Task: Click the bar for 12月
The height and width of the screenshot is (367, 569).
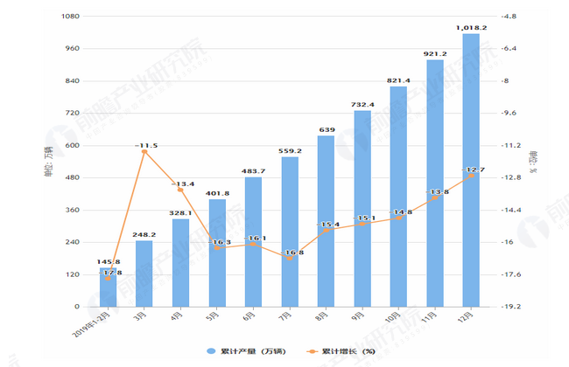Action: point(470,170)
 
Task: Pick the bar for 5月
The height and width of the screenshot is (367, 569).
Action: point(217,253)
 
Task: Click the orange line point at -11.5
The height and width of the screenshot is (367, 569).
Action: point(144,152)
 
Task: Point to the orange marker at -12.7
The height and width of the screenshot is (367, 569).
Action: point(470,176)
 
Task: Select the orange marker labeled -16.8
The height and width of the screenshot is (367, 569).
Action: point(290,258)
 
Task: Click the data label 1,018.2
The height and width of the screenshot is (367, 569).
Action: point(471,28)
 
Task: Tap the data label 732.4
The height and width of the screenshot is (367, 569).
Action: point(362,105)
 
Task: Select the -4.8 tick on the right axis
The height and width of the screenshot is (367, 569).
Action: point(509,17)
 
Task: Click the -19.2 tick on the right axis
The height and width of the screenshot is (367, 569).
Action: point(510,307)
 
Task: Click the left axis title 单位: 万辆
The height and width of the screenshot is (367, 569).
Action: point(48,163)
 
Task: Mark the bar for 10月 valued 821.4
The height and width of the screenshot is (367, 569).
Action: point(398,197)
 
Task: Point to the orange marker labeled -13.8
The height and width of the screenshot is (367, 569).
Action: point(434,197)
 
